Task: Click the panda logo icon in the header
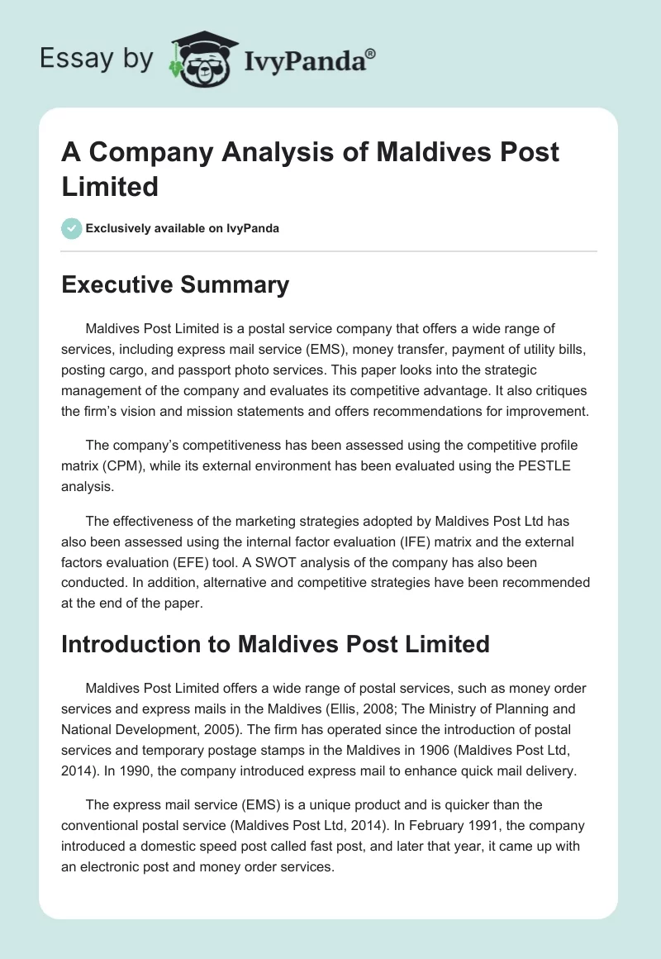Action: (202, 59)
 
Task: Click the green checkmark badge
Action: (72, 228)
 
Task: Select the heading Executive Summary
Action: (175, 285)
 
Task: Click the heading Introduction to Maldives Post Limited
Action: (275, 643)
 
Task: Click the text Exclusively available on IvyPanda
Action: (182, 228)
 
